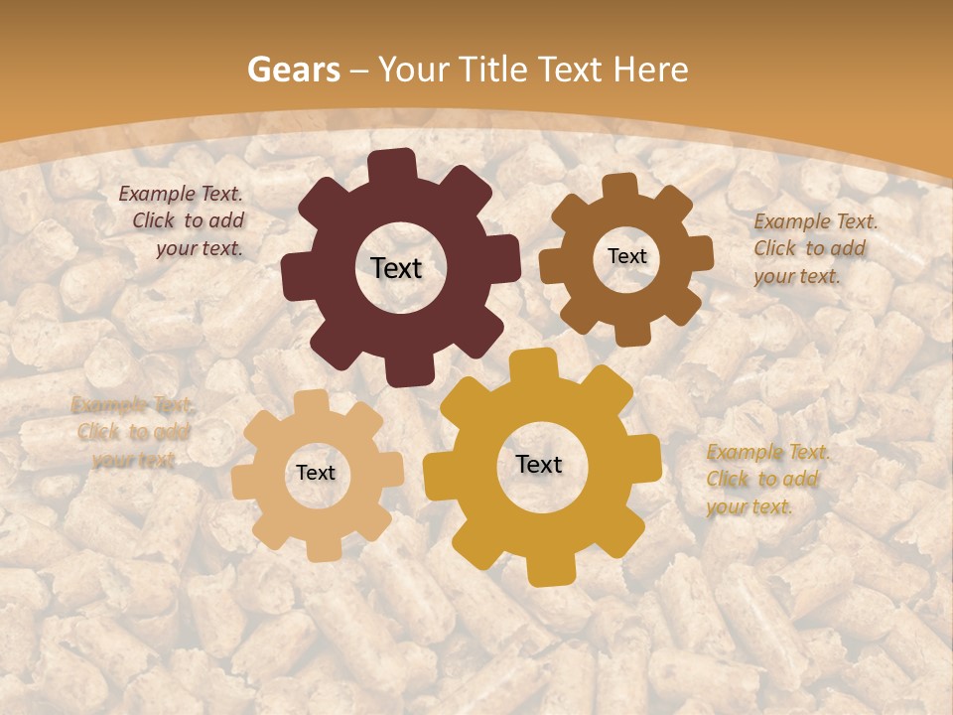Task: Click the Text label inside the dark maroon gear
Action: pos(396,268)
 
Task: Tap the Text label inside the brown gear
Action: pos(626,256)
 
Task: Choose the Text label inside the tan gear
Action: pos(316,473)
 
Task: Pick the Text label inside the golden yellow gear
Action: pos(539,464)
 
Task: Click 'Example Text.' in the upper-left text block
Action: pos(181,195)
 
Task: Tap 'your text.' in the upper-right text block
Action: pos(797,276)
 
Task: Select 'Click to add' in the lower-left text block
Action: pos(133,432)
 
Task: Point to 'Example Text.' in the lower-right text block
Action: pos(767,453)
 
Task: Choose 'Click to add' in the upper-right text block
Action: pos(809,248)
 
